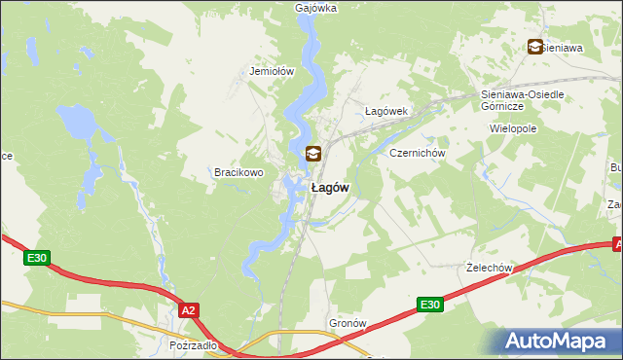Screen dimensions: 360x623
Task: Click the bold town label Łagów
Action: pyautogui.click(x=330, y=188)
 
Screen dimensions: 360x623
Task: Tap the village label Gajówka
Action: pyautogui.click(x=315, y=8)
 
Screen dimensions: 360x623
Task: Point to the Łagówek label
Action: pyautogui.click(x=385, y=111)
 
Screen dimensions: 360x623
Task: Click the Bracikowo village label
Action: pyautogui.click(x=239, y=172)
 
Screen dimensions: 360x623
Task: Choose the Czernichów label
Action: pyautogui.click(x=417, y=154)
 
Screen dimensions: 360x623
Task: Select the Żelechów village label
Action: pyautogui.click(x=490, y=268)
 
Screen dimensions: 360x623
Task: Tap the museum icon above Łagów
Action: pyautogui.click(x=311, y=154)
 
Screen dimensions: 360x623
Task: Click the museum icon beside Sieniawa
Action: pyautogui.click(x=534, y=46)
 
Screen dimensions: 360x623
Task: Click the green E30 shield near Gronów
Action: pyautogui.click(x=429, y=305)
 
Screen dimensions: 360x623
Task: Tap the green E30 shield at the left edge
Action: pyautogui.click(x=36, y=258)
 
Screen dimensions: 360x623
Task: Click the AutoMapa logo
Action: pyautogui.click(x=559, y=341)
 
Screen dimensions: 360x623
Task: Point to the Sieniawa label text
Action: pyautogui.click(x=565, y=46)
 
